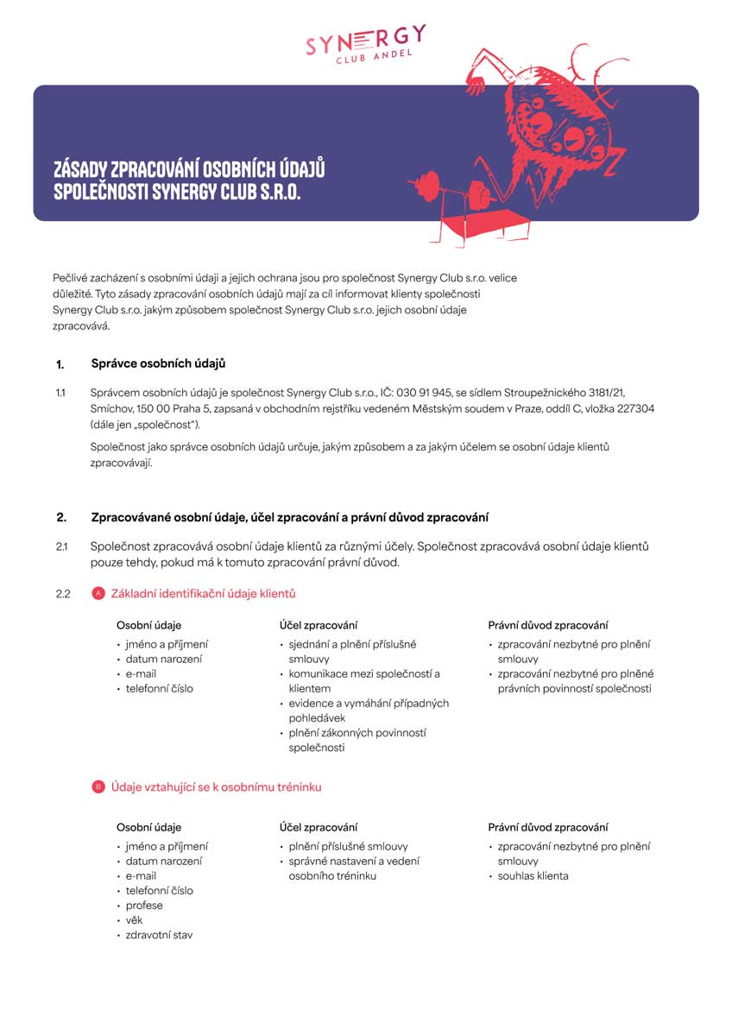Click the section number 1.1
tap(60, 393)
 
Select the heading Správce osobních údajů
tap(159, 363)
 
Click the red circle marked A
tap(98, 594)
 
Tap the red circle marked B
tap(98, 787)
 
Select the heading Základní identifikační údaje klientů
tap(204, 594)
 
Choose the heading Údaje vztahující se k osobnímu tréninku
tap(216, 787)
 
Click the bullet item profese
tap(144, 906)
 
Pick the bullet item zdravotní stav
tap(159, 935)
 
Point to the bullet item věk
tap(134, 920)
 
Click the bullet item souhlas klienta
tap(533, 876)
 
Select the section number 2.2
tap(62, 594)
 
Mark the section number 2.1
tap(61, 546)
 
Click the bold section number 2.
tap(61, 518)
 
